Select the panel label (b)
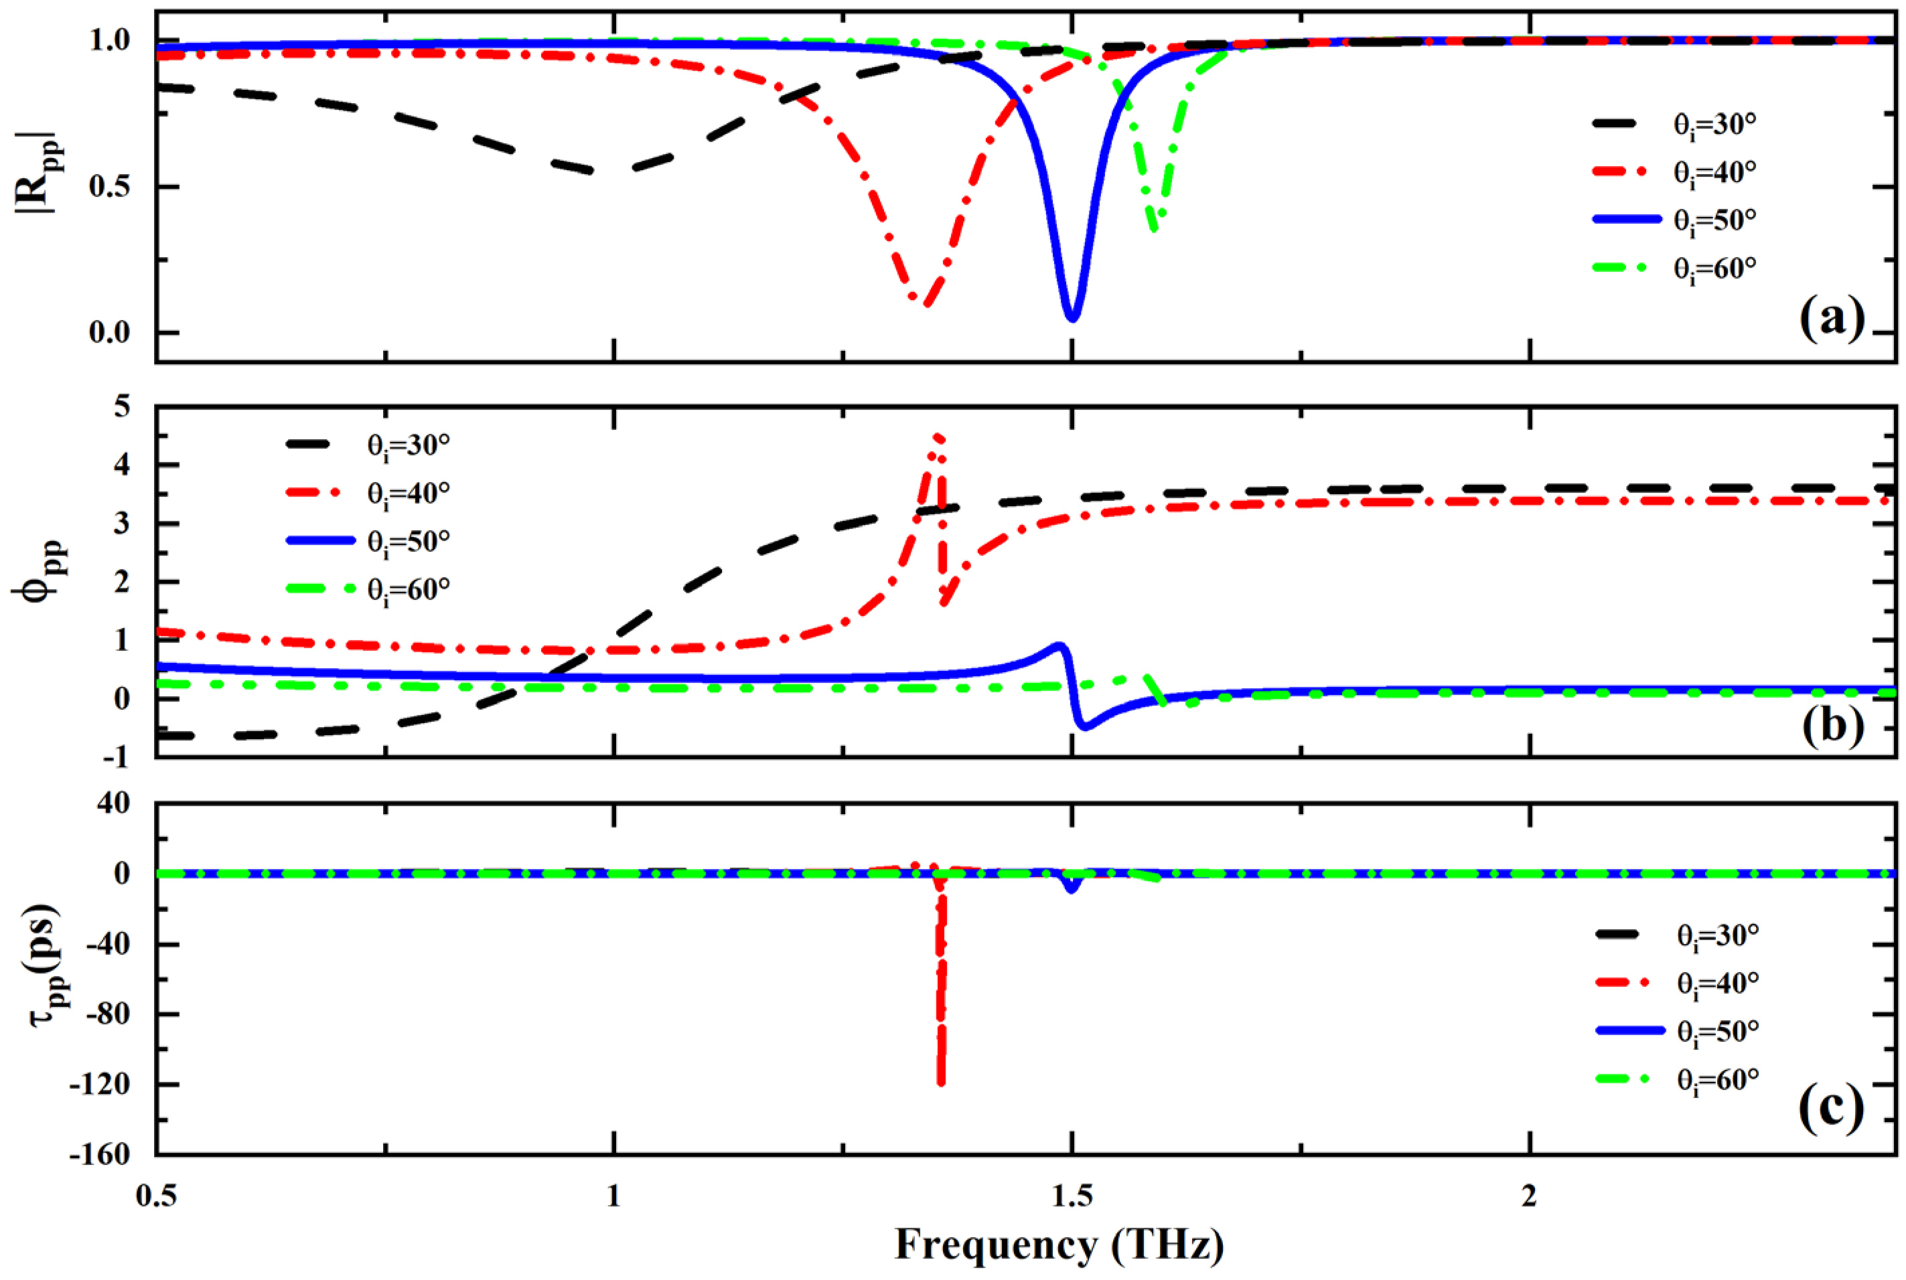coord(1832,723)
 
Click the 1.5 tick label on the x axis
coord(1072,1194)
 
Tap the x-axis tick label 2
coord(1529,1194)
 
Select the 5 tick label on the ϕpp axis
coord(123,406)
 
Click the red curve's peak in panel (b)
coord(938,436)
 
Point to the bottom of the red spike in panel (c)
coord(942,1083)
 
